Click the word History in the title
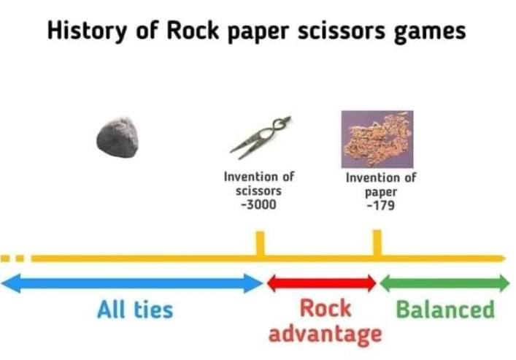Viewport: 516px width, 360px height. (87, 31)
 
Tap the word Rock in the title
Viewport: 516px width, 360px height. (193, 30)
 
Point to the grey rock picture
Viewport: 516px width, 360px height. (118, 137)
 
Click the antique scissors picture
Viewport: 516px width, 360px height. (261, 137)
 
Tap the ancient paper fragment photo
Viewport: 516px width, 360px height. (377, 139)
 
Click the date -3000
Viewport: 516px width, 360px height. (258, 204)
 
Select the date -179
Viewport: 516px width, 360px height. (381, 205)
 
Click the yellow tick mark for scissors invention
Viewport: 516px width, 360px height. (260, 243)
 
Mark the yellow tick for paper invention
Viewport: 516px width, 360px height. (377, 242)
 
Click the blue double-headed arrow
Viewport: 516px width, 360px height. (132, 283)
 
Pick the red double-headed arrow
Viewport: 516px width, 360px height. (322, 283)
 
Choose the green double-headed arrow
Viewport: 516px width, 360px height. (445, 283)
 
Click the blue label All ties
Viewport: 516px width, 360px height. (135, 310)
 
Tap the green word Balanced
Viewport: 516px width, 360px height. (446, 309)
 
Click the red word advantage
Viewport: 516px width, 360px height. (325, 334)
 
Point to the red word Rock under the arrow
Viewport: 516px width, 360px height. (325, 308)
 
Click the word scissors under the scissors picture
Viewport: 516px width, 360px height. (258, 191)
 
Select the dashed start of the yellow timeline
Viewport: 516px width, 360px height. (12, 258)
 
